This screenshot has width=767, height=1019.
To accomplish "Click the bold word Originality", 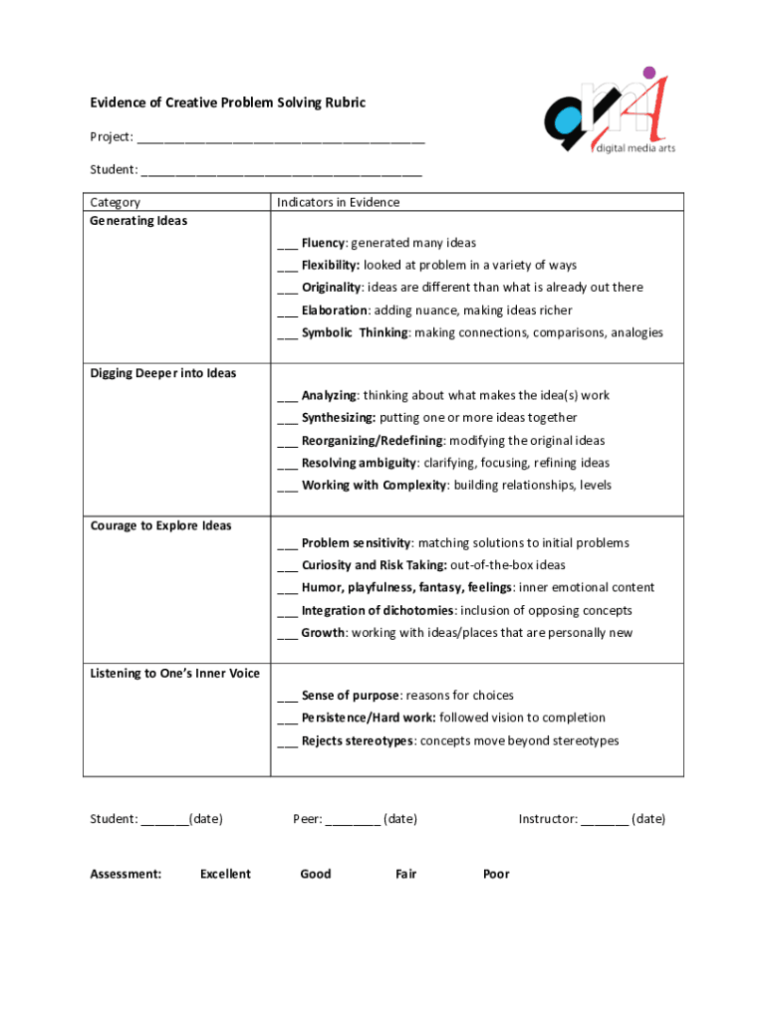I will [x=331, y=288].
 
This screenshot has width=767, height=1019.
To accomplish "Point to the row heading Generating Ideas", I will [x=138, y=221].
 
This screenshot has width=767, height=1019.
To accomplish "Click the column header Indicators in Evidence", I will [x=338, y=203].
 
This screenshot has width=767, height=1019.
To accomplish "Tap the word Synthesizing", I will [x=338, y=418].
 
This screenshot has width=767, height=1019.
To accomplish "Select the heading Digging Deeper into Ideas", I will [x=163, y=373].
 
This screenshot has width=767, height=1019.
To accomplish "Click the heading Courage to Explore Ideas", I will [x=160, y=525].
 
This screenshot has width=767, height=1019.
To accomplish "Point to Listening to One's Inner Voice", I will [x=174, y=674].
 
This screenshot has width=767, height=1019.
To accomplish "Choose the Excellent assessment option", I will [x=225, y=875].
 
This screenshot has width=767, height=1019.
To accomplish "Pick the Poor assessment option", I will [x=496, y=875].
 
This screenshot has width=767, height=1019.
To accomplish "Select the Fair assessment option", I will [x=405, y=875].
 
